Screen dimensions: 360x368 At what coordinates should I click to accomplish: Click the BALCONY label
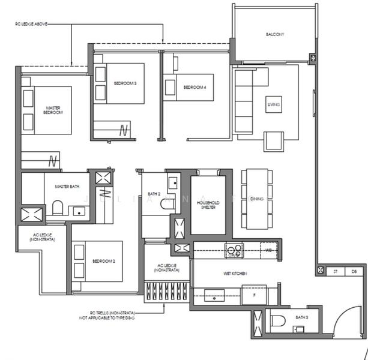(x=275, y=34)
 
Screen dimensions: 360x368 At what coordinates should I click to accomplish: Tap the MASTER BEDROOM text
(x=53, y=111)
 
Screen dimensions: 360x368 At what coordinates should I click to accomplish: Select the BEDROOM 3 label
(x=125, y=83)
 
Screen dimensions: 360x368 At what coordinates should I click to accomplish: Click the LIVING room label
(x=274, y=105)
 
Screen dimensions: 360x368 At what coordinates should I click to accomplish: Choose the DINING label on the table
(x=258, y=199)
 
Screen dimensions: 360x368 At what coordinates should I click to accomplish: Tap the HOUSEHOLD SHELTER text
(x=208, y=205)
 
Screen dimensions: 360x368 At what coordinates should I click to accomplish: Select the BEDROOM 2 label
(x=103, y=262)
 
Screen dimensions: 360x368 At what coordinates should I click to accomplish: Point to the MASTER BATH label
(x=67, y=187)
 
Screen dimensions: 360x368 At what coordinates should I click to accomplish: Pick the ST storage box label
(x=335, y=272)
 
